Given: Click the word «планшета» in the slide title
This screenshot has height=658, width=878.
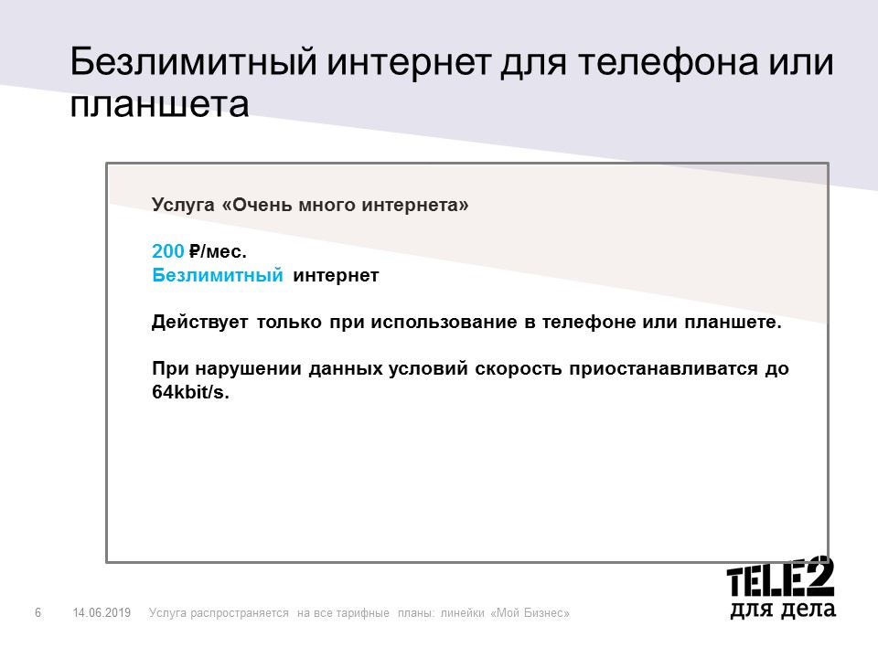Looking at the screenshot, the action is pyautogui.click(x=159, y=105).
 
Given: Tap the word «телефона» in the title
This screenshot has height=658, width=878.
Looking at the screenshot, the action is pyautogui.click(x=669, y=61).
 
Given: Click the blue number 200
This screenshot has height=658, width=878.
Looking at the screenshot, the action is pyautogui.click(x=168, y=250).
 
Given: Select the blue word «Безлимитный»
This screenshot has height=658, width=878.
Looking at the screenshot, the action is pyautogui.click(x=218, y=275).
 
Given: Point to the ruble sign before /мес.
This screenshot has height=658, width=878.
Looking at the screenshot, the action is pyautogui.click(x=194, y=250).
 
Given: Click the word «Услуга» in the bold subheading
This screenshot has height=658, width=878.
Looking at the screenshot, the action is pyautogui.click(x=183, y=206).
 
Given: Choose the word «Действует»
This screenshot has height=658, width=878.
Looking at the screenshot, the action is pyautogui.click(x=199, y=323).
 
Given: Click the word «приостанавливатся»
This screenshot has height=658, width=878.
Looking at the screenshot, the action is pyautogui.click(x=664, y=368).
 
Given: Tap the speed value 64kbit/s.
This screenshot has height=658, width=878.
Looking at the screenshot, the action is pyautogui.click(x=190, y=392).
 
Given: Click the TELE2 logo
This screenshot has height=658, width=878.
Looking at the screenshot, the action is pyautogui.click(x=780, y=577).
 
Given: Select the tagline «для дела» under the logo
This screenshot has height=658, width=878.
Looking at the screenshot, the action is pyautogui.click(x=783, y=610).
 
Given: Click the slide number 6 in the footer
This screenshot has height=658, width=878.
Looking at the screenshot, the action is pyautogui.click(x=38, y=612).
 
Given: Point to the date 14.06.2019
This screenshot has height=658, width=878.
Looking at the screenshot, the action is pyautogui.click(x=102, y=612).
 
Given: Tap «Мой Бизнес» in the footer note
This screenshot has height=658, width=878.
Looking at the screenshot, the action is pyautogui.click(x=530, y=612).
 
